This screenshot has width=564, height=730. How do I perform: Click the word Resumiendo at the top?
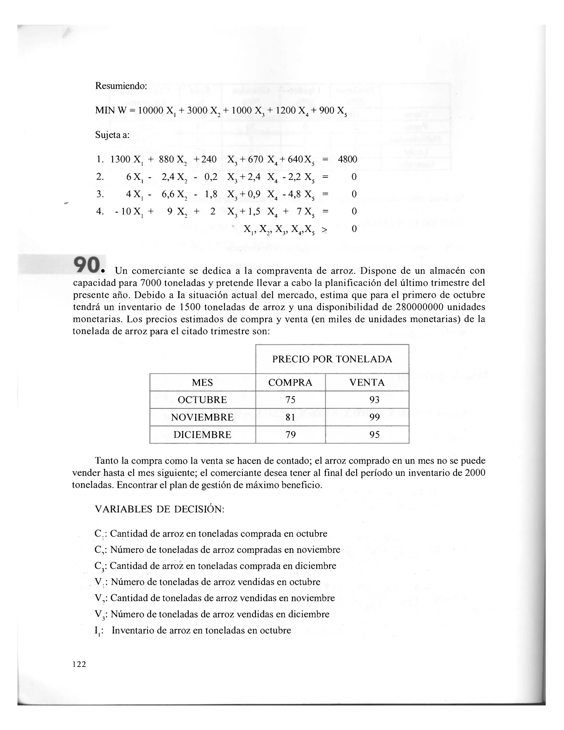click(121, 86)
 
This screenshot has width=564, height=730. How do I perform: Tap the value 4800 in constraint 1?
click(347, 159)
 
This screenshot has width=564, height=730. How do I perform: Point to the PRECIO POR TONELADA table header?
click(332, 359)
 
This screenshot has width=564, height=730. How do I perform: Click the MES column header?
click(202, 383)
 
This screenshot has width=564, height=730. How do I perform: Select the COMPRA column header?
click(290, 383)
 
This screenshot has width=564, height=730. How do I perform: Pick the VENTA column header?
click(367, 383)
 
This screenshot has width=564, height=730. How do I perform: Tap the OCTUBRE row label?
click(202, 400)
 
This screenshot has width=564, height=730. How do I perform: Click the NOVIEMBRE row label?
click(202, 417)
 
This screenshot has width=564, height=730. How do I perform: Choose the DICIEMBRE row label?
click(202, 435)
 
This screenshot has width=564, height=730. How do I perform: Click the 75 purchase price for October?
click(290, 400)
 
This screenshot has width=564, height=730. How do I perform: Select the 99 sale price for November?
click(374, 417)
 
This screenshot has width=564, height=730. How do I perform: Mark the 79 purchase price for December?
click(290, 435)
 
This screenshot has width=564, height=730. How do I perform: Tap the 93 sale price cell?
click(374, 400)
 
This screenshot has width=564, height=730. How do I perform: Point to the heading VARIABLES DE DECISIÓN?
click(160, 509)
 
